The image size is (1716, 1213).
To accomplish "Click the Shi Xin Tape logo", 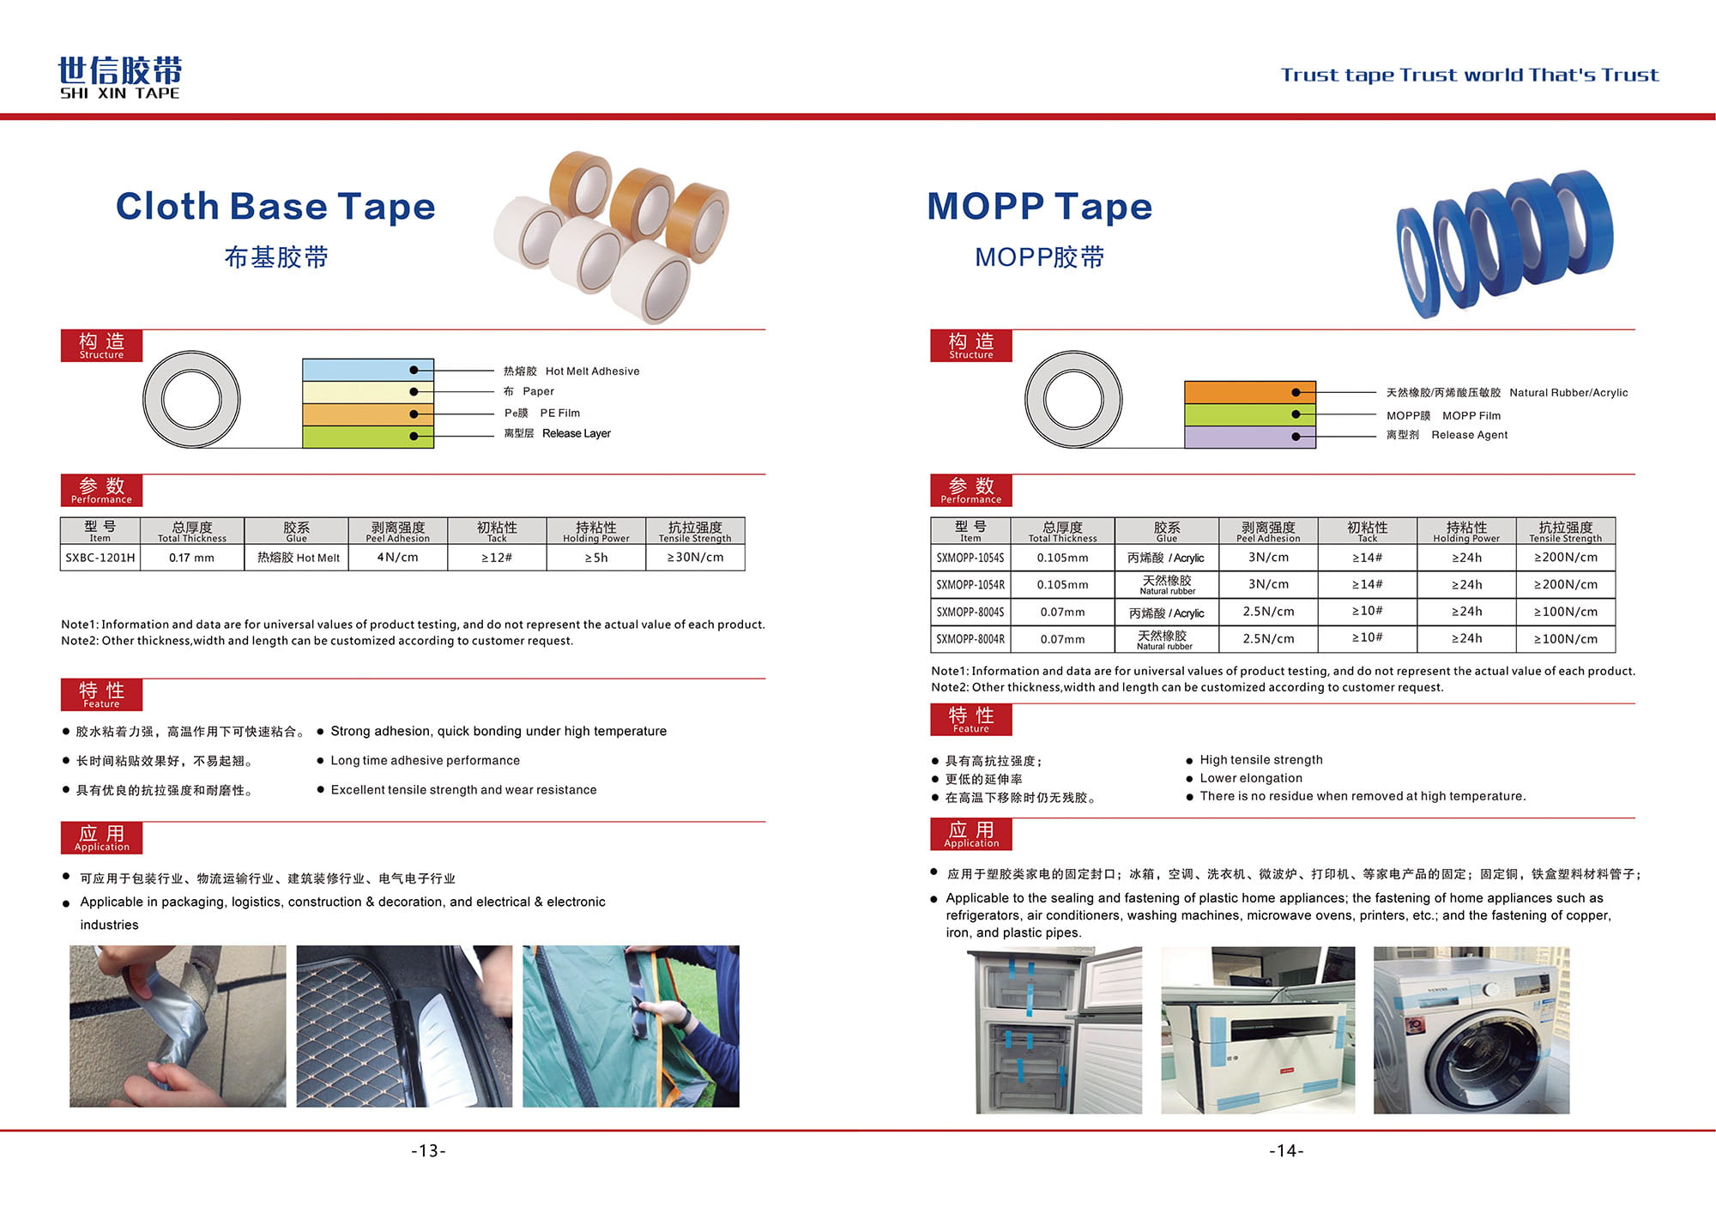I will pos(119,78).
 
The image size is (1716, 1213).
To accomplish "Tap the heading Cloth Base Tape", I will pos(275,206).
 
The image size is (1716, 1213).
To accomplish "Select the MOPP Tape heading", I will pos(1039,206).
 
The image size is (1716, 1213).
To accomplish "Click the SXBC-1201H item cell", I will pos(100,558).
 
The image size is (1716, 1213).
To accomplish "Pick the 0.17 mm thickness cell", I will pos(192,558).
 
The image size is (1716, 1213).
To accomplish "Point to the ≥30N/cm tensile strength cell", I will pos(695,558).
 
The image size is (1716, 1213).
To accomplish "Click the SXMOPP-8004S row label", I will pos(970,613).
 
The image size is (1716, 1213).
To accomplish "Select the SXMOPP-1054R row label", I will pos(970,585).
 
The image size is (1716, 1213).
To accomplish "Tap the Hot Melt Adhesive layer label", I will pos(592,371).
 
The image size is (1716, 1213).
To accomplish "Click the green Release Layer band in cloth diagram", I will pos(367,437).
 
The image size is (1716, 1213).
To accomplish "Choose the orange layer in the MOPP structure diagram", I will pos(1249,393).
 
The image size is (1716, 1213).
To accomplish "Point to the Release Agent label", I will pos(1469,435).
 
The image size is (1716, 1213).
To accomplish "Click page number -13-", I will pos(428,1151).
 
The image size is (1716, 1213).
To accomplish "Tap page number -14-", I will pos(1286,1151).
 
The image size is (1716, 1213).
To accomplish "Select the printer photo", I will pos(1258,1029).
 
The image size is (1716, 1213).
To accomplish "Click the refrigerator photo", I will pos(1059,1029).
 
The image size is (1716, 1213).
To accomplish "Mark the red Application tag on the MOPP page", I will pos(971,834).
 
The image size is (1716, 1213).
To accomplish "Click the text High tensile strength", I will pos(1260,760).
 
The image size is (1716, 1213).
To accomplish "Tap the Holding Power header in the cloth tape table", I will pos(596,531).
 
